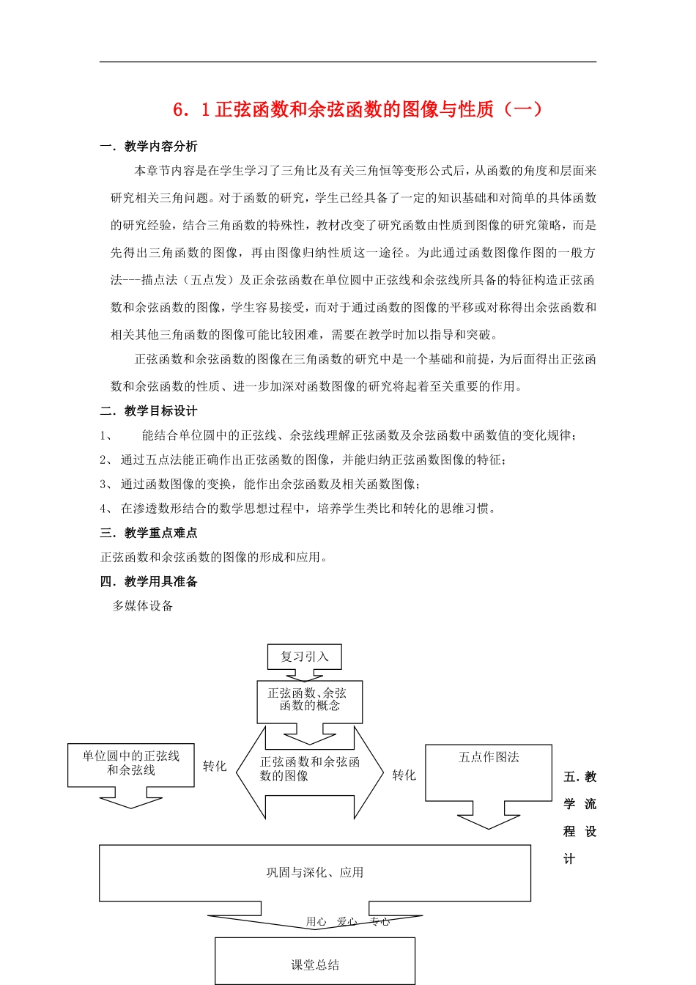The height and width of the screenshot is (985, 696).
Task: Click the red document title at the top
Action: tap(358, 109)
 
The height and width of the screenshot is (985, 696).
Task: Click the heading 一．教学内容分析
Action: tap(149, 147)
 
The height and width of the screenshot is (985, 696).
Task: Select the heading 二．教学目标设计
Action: tap(149, 411)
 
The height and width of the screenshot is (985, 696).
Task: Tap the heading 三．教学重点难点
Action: tap(149, 533)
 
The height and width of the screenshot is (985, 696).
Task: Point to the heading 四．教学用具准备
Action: tap(149, 582)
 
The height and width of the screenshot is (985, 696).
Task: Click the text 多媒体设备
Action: tap(143, 606)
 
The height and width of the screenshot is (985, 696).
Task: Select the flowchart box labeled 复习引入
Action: tap(304, 657)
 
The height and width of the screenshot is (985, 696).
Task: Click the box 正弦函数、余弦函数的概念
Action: tap(309, 700)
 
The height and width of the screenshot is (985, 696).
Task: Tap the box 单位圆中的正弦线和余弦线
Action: tap(131, 763)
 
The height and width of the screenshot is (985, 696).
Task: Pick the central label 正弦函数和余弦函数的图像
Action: tap(309, 769)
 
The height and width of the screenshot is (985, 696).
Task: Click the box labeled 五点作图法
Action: tap(489, 758)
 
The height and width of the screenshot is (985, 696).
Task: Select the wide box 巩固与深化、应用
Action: tap(315, 872)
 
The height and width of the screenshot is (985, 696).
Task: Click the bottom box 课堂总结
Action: tap(315, 964)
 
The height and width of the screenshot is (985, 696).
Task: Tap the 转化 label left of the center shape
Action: tap(215, 767)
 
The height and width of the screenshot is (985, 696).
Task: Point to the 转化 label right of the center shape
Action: tap(404, 775)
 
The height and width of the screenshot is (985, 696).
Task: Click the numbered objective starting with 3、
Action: tap(261, 484)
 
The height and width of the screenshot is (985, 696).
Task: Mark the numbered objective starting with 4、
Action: tap(299, 509)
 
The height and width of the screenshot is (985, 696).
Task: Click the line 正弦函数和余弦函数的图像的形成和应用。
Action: tap(214, 558)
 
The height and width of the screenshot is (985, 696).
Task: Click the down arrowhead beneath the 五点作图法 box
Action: tap(489, 821)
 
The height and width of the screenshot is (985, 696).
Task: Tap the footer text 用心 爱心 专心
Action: tap(348, 922)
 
